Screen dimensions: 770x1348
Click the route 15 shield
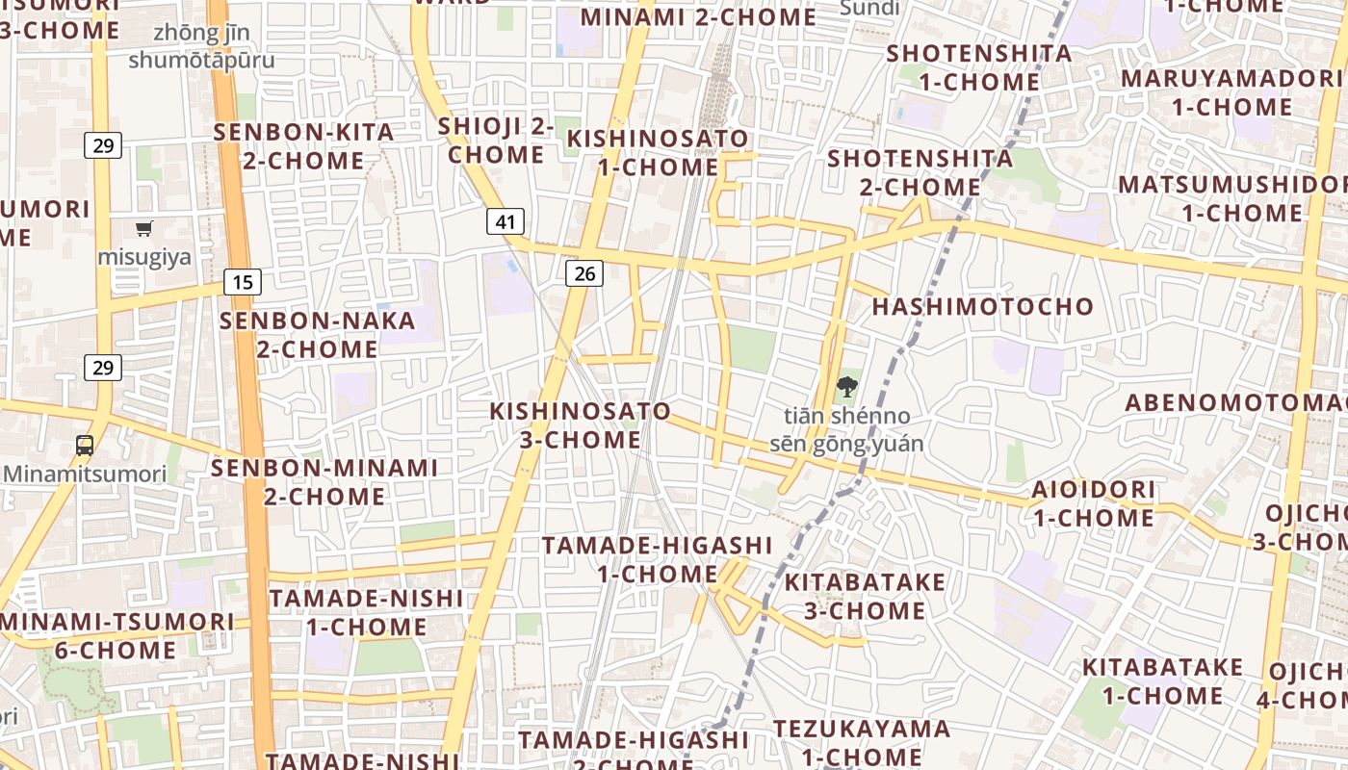[x=243, y=282]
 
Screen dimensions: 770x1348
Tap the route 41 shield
[x=505, y=222]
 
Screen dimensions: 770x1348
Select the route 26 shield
[x=584, y=274]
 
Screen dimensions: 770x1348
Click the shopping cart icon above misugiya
[x=144, y=229]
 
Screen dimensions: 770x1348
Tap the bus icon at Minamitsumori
[x=85, y=446]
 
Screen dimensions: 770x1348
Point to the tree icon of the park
[x=846, y=388]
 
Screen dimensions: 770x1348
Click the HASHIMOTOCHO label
[x=982, y=307]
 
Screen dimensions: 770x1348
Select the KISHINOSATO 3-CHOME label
[x=580, y=425]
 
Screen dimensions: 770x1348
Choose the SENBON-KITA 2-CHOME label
[x=303, y=146]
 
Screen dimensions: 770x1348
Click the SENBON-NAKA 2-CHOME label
[x=317, y=334]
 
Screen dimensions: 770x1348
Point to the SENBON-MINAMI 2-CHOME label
[x=324, y=482]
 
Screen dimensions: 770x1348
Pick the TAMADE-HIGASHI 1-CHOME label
[x=658, y=560]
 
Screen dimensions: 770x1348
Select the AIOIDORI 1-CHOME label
[x=1093, y=503]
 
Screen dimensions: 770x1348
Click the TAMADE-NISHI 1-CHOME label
[x=366, y=612]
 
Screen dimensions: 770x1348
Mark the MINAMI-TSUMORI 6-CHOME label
[x=116, y=635]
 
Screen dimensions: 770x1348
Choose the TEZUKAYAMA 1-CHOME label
[x=861, y=742]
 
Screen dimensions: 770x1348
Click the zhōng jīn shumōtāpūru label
[x=201, y=46]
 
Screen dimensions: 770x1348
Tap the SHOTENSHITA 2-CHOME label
[x=920, y=172]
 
